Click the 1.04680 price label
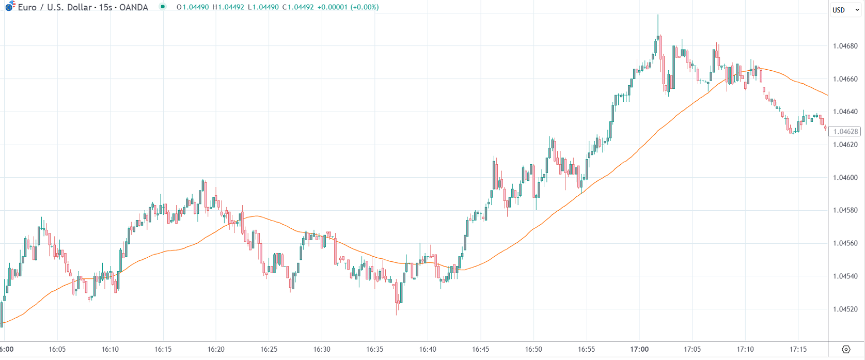pos(845,46)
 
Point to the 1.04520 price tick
pos(845,309)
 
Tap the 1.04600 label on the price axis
pos(845,178)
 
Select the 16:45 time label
pos(480,349)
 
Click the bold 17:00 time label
pos(639,349)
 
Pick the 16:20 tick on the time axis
pos(216,349)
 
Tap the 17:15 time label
pos(798,349)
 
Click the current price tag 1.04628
pos(845,132)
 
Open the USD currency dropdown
pos(845,10)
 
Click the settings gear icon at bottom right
pos(846,350)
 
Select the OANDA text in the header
pos(134,7)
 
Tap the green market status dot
pos(163,7)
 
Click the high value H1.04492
pos(228,7)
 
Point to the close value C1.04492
pos(298,7)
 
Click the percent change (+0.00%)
pos(365,7)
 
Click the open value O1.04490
pos(193,7)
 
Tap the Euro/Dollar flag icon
pos(10,6)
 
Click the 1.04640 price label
pos(845,112)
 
